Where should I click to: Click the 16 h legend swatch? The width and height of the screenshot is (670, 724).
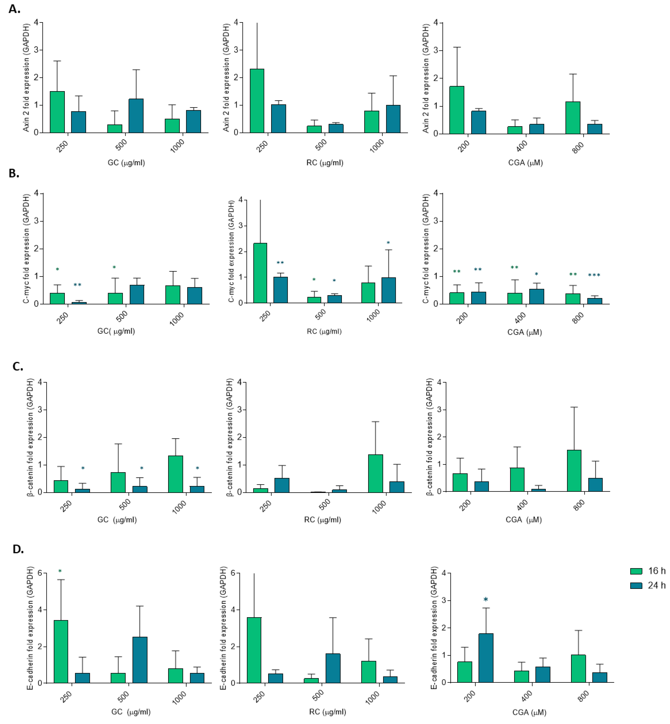pos(636,571)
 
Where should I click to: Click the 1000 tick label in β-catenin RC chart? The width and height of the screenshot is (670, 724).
pos(379,507)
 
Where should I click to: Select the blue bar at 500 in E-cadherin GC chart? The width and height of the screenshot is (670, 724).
pos(140,660)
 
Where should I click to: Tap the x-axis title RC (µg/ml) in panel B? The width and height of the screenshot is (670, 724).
pos(324,331)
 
